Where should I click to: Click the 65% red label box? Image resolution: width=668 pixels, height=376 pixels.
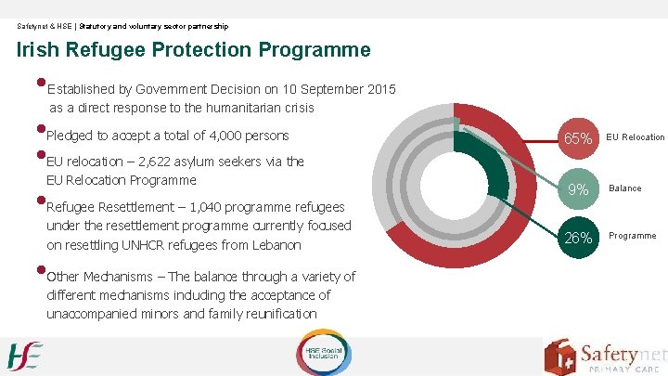click(579, 138)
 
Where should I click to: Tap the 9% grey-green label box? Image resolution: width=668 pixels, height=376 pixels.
click(579, 189)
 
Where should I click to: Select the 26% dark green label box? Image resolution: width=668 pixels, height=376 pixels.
click(579, 238)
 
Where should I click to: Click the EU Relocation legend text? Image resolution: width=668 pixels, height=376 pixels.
click(636, 137)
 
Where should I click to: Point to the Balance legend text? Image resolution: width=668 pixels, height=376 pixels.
click(624, 188)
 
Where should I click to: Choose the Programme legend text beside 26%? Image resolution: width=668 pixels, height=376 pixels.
click(632, 236)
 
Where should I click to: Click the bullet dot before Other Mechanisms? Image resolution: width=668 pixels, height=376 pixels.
click(42, 271)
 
